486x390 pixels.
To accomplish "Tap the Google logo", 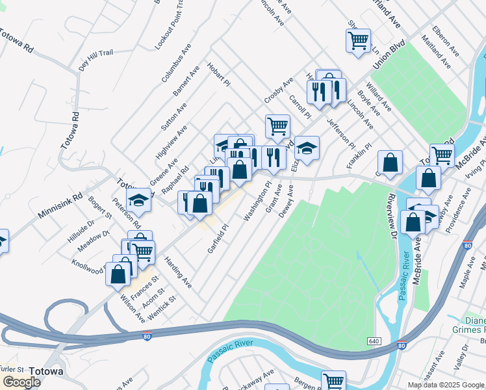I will pos(21,382).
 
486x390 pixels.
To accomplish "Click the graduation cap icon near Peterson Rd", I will pos(139,200).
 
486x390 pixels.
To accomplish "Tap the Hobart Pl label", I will pos(219,75).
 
